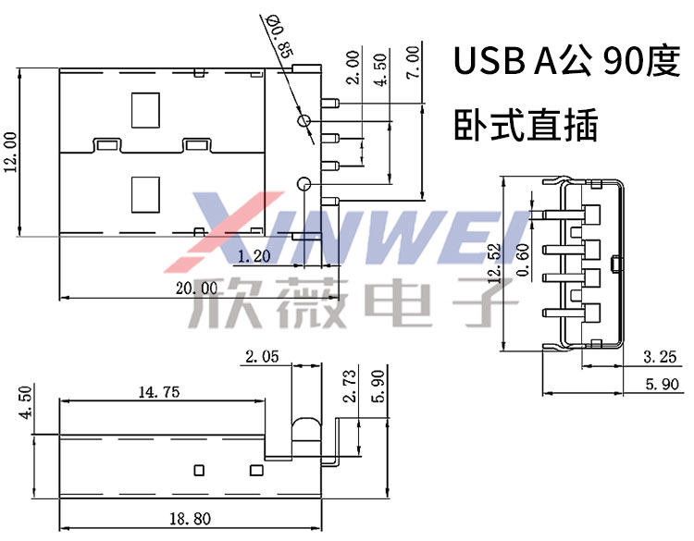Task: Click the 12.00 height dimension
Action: tap(11, 153)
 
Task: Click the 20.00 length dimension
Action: tap(196, 289)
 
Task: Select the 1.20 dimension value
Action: tap(254, 256)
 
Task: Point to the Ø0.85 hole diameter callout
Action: tap(279, 38)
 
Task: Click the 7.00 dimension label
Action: tap(413, 61)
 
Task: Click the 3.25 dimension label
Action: tap(661, 356)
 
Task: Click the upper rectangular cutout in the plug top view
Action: tap(144, 110)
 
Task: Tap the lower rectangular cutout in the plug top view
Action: tap(144, 193)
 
